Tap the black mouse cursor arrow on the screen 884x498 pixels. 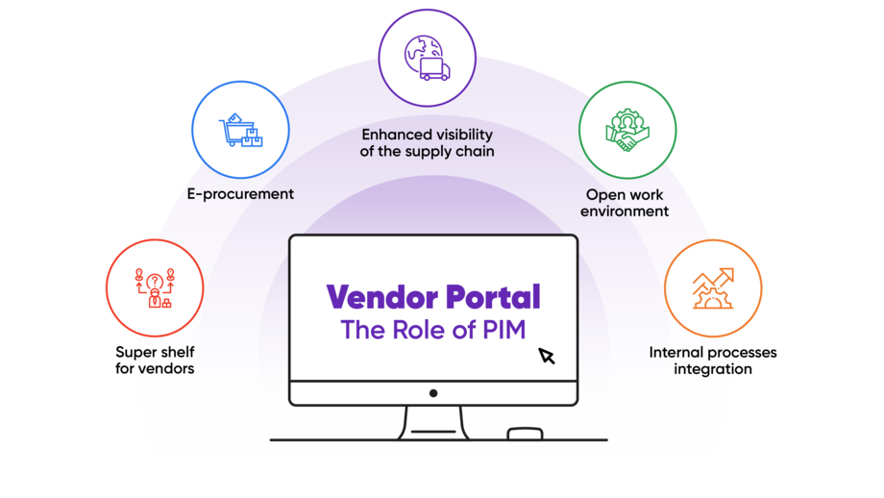click(x=547, y=357)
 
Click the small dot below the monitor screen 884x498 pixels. click(x=433, y=392)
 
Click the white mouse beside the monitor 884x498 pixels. click(x=524, y=434)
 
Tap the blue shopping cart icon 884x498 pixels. click(x=239, y=129)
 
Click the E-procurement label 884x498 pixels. click(x=240, y=194)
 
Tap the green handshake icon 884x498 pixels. click(x=626, y=129)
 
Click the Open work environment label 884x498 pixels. click(x=625, y=203)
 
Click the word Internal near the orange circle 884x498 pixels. click(x=676, y=353)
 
